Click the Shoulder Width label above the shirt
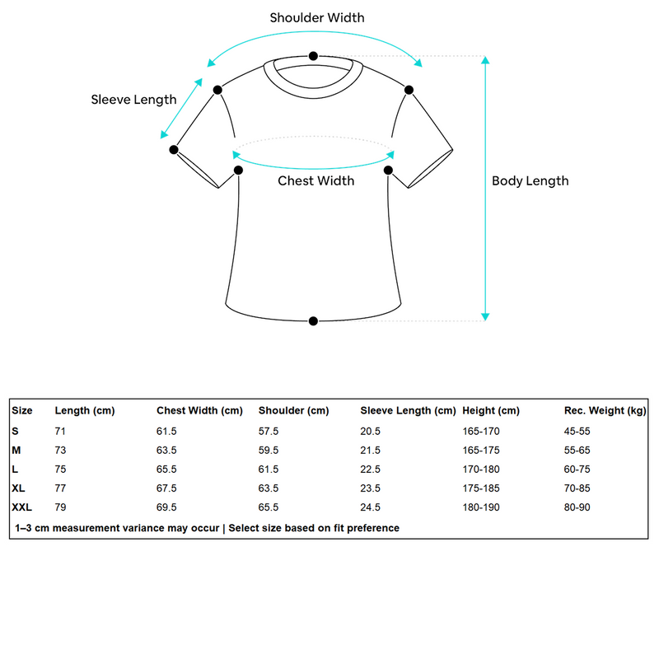pos(317,17)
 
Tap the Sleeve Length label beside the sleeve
pos(133,100)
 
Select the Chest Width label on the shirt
pos(315,180)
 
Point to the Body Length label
pos(530,181)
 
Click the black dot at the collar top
pos(313,56)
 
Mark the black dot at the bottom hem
pos(313,320)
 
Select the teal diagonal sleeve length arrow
pos(181,109)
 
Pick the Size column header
pos(22,410)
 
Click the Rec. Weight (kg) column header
pos(605,410)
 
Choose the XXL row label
pos(22,507)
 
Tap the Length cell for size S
pos(60,431)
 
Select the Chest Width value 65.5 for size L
pos(166,470)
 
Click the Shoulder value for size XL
pos(269,488)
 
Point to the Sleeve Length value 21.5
pos(371,450)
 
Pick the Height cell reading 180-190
pos(481,507)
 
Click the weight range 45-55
pos(577,431)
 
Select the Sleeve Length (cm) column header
pos(408,410)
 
